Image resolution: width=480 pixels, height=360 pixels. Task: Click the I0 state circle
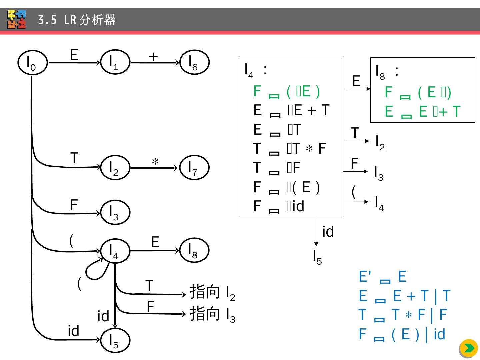tap(32, 63)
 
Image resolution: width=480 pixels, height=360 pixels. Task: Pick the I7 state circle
tap(194, 168)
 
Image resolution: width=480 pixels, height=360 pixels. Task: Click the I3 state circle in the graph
tap(115, 212)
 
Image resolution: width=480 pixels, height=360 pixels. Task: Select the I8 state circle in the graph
tap(194, 251)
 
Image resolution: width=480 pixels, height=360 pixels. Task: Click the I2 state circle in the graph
tap(115, 168)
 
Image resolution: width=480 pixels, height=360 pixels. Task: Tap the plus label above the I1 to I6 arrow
tap(153, 57)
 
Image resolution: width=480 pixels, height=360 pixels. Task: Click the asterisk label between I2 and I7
tap(155, 162)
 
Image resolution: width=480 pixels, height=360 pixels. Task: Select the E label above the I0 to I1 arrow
tap(74, 55)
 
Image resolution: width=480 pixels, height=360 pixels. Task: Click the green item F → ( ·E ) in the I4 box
tap(287, 92)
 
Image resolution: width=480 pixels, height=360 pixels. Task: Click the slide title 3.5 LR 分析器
tap(77, 20)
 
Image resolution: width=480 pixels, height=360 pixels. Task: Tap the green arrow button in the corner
tap(469, 349)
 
